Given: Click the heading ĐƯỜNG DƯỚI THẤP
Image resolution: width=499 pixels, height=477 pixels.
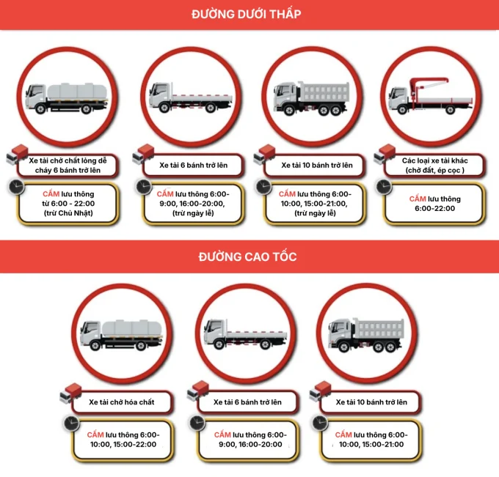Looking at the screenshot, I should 246,15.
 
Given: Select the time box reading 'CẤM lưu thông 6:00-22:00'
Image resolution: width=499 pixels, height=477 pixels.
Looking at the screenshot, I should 434,204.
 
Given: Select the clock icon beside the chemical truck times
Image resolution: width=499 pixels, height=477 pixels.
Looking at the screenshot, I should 71,424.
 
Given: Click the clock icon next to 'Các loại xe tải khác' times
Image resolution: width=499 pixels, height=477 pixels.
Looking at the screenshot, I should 384,188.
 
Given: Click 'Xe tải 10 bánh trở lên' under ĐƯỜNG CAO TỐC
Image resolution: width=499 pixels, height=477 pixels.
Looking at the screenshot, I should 371,402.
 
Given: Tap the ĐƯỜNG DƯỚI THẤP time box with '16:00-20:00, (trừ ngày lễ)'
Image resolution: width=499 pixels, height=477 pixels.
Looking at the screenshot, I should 193,204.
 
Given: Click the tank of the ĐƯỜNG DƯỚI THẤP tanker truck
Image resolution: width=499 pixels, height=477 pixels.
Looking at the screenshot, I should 76,92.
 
